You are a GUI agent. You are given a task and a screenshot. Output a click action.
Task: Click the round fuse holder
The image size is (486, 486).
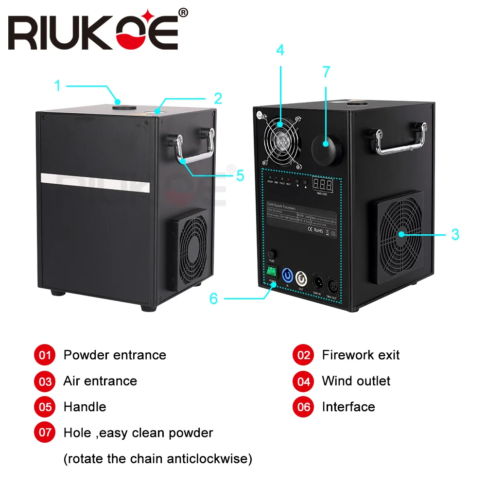272,254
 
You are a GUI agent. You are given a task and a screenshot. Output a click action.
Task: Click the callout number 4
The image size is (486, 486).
280,50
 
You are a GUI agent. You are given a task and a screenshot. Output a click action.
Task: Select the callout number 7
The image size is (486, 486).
326,72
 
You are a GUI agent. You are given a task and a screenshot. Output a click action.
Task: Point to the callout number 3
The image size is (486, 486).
455,234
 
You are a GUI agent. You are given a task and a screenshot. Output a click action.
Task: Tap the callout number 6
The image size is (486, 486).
214,298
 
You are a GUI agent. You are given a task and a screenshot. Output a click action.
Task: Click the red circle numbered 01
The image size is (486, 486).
45,355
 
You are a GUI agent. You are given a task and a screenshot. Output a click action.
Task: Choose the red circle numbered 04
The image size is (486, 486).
304,381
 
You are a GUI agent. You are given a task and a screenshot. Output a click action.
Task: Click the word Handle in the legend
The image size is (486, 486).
85,406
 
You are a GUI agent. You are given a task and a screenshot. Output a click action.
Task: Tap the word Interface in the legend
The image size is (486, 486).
348,406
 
